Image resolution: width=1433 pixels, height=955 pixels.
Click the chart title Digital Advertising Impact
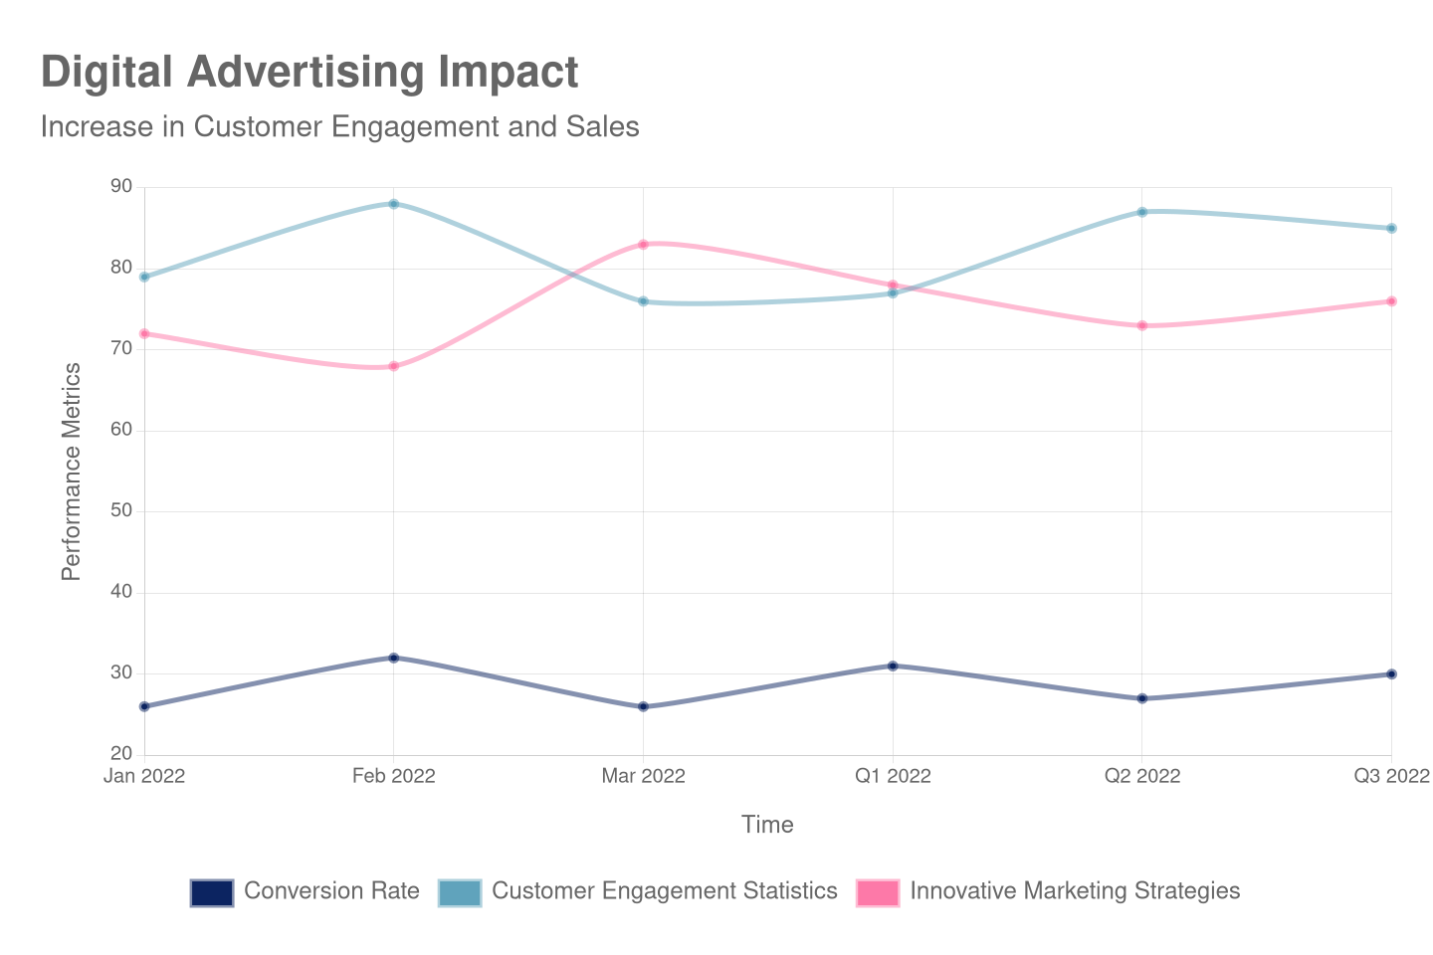(x=309, y=73)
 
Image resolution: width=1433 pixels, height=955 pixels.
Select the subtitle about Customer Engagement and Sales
(x=339, y=127)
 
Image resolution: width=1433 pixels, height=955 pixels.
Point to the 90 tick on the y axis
(x=120, y=187)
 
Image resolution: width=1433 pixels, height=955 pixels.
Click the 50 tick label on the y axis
(x=120, y=510)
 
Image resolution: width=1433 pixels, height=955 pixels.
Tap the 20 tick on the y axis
(x=120, y=753)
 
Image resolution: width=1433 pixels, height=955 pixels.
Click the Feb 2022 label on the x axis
(x=393, y=776)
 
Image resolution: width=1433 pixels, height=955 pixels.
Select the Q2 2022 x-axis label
(x=1141, y=776)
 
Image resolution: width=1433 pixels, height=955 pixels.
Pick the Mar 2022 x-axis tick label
(x=643, y=776)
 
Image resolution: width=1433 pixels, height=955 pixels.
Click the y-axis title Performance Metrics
(x=71, y=471)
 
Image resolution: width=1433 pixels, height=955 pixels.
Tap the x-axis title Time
(x=767, y=825)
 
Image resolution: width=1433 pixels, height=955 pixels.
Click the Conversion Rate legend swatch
(x=211, y=892)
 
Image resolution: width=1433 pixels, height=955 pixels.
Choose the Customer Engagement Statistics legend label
(x=664, y=891)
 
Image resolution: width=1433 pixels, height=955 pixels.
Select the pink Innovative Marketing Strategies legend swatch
(x=877, y=892)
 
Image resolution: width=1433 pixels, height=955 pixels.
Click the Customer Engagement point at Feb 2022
(x=393, y=204)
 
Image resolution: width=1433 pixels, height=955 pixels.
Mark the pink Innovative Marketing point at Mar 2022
(x=643, y=244)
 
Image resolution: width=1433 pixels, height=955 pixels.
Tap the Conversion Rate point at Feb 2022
(x=393, y=658)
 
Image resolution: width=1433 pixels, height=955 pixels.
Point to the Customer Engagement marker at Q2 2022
(x=1141, y=212)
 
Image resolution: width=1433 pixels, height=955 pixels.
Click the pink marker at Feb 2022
(x=393, y=366)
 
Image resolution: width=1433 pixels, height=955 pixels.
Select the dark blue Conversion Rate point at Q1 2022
(x=893, y=666)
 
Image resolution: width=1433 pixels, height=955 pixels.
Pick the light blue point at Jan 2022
(x=144, y=277)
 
